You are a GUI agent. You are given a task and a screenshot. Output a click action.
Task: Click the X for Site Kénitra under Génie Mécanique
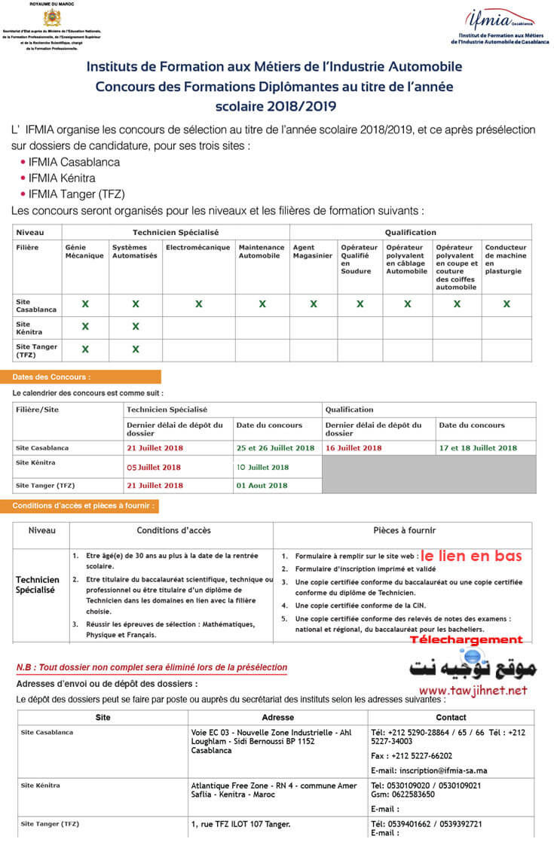pyautogui.click(x=85, y=327)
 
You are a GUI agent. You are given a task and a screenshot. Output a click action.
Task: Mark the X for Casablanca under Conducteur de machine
pyautogui.click(x=507, y=304)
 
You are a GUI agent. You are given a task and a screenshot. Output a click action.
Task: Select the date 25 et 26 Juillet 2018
pyautogui.click(x=275, y=448)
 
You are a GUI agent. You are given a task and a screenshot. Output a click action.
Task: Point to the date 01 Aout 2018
pyautogui.click(x=262, y=486)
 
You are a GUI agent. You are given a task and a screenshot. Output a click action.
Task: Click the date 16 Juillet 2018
pyautogui.click(x=354, y=448)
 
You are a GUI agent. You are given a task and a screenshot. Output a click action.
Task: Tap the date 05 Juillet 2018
pyautogui.click(x=154, y=467)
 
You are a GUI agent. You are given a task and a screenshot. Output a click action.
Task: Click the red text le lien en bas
pyautogui.click(x=471, y=556)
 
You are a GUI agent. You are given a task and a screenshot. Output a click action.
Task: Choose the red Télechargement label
pyautogui.click(x=466, y=639)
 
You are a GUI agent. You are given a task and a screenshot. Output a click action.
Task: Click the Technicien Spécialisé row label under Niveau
pyautogui.click(x=38, y=585)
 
